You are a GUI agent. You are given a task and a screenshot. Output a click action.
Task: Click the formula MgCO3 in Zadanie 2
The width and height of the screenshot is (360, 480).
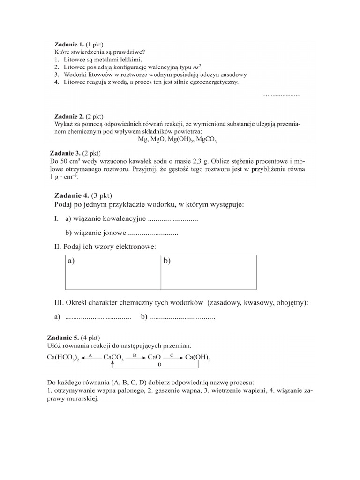click(207, 140)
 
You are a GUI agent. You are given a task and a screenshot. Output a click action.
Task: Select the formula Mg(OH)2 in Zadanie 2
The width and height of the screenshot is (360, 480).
click(179, 140)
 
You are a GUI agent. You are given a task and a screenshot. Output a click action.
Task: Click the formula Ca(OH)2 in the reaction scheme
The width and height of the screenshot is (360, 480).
click(198, 358)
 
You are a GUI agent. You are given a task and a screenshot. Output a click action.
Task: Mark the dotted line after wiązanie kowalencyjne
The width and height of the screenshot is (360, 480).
click(172, 219)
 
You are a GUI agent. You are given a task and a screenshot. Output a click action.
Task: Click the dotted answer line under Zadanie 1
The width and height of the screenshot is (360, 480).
click(281, 95)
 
